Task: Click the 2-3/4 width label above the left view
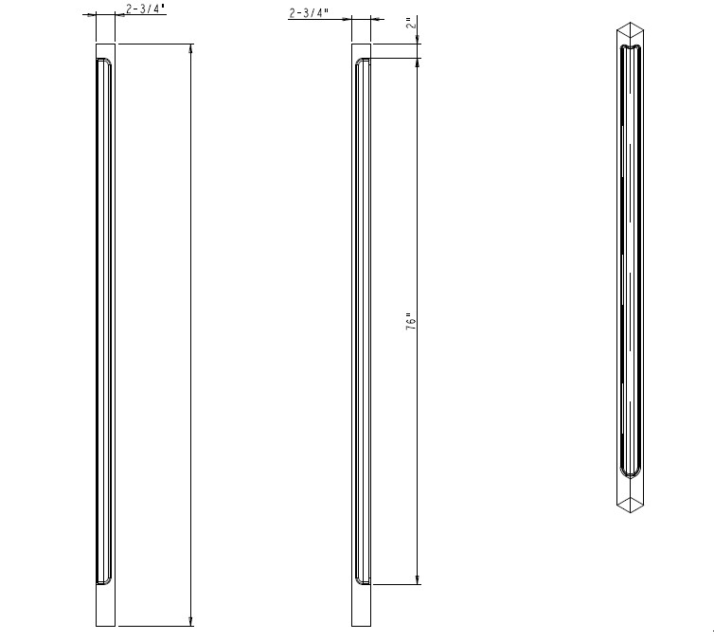click(145, 9)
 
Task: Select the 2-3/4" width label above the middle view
click(309, 13)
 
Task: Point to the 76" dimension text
click(410, 322)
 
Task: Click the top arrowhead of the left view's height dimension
click(192, 49)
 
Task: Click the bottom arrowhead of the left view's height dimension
click(192, 620)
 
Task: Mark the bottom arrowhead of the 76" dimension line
click(418, 579)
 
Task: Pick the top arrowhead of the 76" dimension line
click(418, 63)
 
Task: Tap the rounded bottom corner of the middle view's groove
click(361, 579)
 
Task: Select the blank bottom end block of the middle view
click(362, 605)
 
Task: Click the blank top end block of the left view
click(105, 51)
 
